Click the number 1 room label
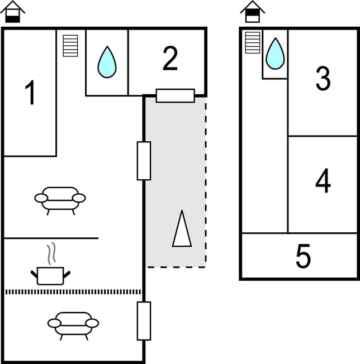pyautogui.click(x=31, y=93)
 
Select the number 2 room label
pyautogui.click(x=170, y=59)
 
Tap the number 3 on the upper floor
pyautogui.click(x=323, y=79)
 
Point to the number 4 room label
pyautogui.click(x=323, y=181)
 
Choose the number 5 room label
pyautogui.click(x=303, y=256)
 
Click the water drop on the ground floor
pyautogui.click(x=107, y=62)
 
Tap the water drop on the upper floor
pyautogui.click(x=274, y=54)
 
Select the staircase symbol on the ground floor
pyautogui.click(x=70, y=46)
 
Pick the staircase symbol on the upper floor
pyautogui.click(x=253, y=42)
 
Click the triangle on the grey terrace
pyautogui.click(x=182, y=229)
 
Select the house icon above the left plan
pyautogui.click(x=13, y=12)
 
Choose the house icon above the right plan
pyautogui.click(x=253, y=12)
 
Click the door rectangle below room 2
pyautogui.click(x=175, y=95)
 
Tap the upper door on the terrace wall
pyautogui.click(x=144, y=161)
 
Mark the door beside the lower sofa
pyautogui.click(x=144, y=320)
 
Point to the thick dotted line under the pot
pyautogui.click(x=73, y=291)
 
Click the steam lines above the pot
pyautogui.click(x=51, y=253)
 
